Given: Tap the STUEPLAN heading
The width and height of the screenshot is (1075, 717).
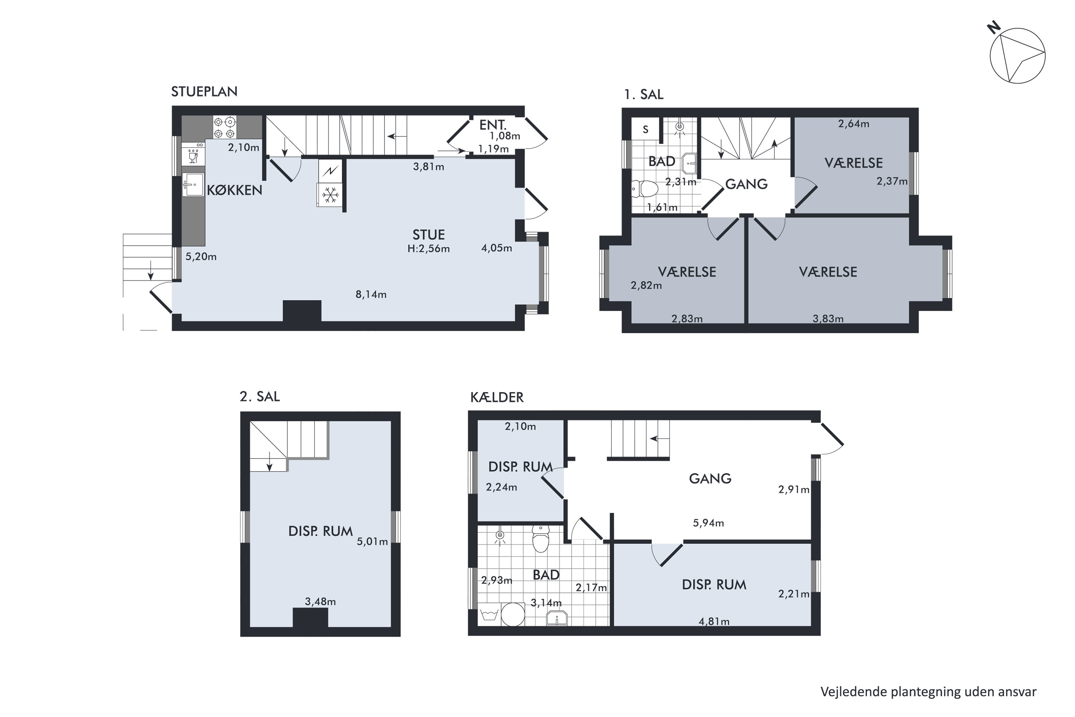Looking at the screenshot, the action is [204, 91].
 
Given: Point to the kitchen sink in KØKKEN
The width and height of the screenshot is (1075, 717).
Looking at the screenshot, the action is [193, 185].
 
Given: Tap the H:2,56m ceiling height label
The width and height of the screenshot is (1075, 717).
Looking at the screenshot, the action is [429, 249].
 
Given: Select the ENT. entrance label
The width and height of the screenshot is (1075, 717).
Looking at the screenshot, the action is [493, 125].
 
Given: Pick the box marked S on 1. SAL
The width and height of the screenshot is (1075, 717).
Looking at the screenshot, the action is [645, 129].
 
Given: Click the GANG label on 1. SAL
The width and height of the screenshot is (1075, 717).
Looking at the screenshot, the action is [746, 184].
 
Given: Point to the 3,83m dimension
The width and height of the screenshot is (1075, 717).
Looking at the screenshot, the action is [828, 319].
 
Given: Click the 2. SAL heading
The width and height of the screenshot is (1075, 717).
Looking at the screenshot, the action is [259, 397].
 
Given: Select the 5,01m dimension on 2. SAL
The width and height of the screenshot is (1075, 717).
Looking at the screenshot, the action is [373, 542].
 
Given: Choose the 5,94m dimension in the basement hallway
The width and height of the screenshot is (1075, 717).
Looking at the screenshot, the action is [708, 523].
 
